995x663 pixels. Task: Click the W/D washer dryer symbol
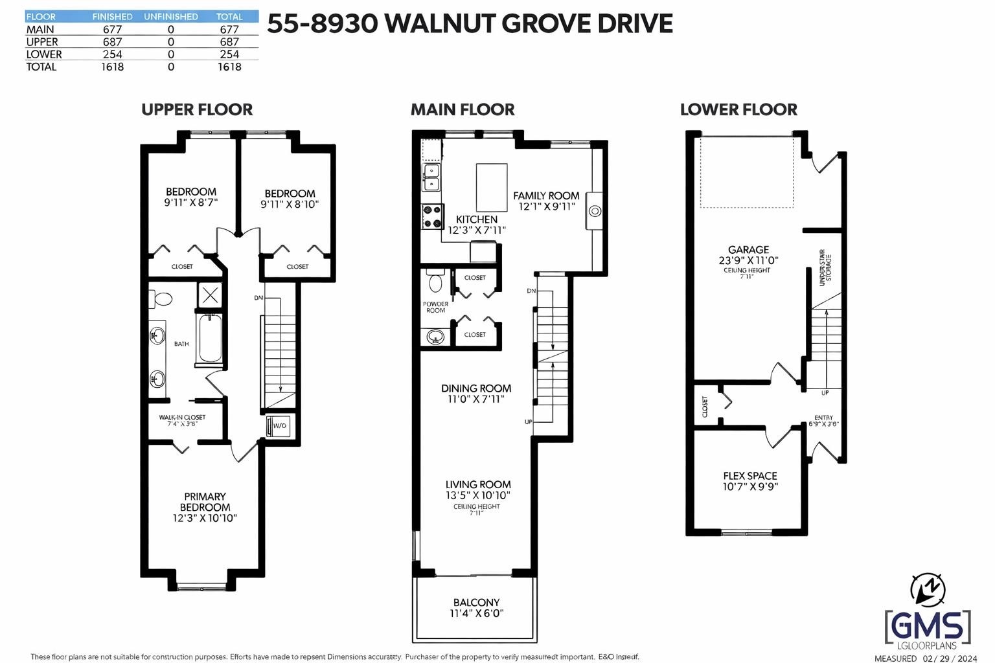click(278, 426)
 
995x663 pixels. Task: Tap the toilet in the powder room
click(435, 282)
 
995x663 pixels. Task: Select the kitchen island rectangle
click(492, 187)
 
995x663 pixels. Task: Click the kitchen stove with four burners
click(431, 216)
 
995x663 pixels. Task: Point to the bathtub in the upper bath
click(211, 339)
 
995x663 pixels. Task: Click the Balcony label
click(476, 602)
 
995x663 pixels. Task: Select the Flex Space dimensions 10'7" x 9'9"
click(750, 486)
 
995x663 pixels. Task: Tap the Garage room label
click(748, 249)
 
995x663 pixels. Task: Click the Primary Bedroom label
click(205, 502)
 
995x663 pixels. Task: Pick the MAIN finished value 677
click(112, 29)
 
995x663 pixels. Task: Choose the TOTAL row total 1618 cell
click(229, 67)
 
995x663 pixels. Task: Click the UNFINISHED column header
click(170, 16)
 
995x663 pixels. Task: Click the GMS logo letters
click(928, 625)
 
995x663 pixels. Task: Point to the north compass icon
click(928, 589)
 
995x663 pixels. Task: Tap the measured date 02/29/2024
click(950, 658)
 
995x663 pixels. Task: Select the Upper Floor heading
click(197, 109)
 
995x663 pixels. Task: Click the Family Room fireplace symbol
click(595, 210)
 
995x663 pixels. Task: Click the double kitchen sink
click(431, 177)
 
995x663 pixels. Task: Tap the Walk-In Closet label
click(182, 418)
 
